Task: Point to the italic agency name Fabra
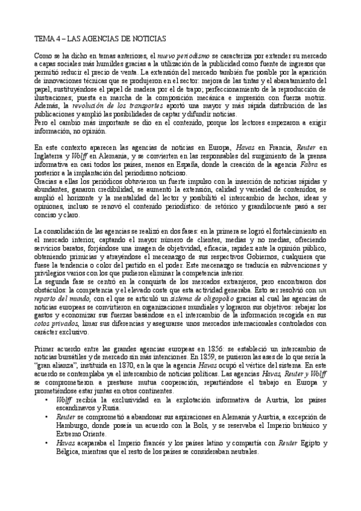tap(309, 165)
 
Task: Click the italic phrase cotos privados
tap(57, 322)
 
